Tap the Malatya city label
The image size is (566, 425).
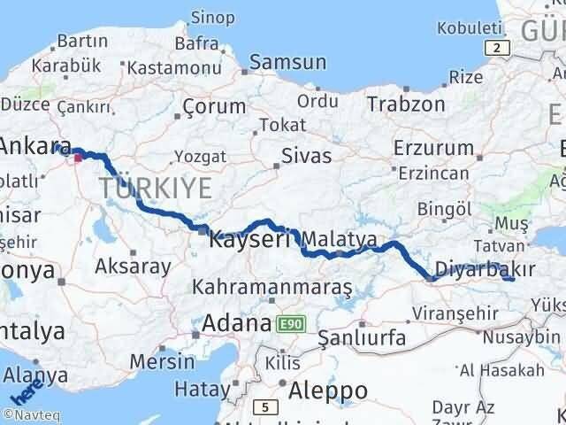340,240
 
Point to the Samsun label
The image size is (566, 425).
287,62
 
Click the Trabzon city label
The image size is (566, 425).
407,104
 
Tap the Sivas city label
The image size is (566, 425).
306,157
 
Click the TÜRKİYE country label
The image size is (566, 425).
155,188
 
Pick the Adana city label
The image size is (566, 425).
235,323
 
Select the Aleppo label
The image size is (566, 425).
328,390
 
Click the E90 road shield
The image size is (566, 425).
291,325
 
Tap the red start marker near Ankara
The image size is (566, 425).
79,158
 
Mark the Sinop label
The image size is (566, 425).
214,18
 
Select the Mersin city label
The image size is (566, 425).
162,361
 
